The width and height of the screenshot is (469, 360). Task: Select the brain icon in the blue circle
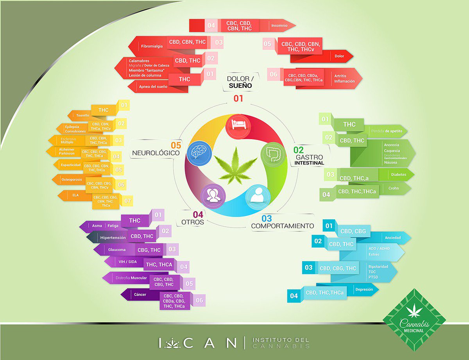[197, 152]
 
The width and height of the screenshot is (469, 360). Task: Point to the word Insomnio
[279, 26]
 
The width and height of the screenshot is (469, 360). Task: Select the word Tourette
[83, 116]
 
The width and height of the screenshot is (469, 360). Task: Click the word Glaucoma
[117, 250]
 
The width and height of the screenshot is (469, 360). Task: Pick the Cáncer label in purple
[139, 294]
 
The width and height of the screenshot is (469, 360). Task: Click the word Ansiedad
[392, 237]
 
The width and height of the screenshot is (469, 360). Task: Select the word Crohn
[394, 188]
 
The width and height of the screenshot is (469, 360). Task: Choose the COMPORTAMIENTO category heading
[282, 226]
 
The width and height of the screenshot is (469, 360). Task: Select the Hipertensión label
[113, 237]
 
